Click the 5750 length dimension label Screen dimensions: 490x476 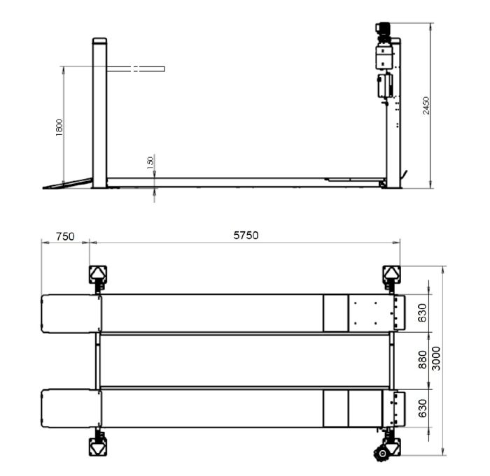point(246,236)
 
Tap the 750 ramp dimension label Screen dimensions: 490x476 point(65,236)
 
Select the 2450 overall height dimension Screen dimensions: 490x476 point(426,106)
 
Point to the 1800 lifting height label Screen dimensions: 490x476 point(59,127)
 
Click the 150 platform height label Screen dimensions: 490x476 point(150,163)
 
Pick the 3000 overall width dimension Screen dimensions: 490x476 point(436,359)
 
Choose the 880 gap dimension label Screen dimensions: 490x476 point(423,359)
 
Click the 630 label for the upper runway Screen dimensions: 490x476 point(423,312)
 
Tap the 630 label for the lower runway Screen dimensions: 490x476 point(423,408)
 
